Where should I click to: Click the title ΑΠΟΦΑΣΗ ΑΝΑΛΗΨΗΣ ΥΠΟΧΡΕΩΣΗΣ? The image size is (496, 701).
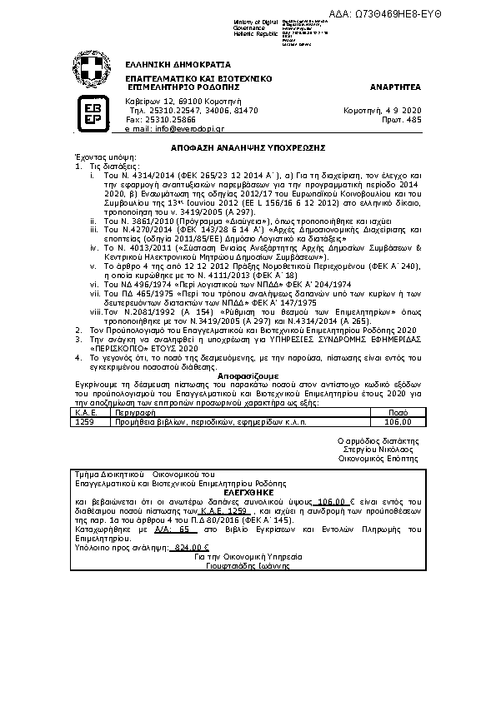tap(248, 146)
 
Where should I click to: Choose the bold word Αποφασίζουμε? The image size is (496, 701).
tap(248, 377)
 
